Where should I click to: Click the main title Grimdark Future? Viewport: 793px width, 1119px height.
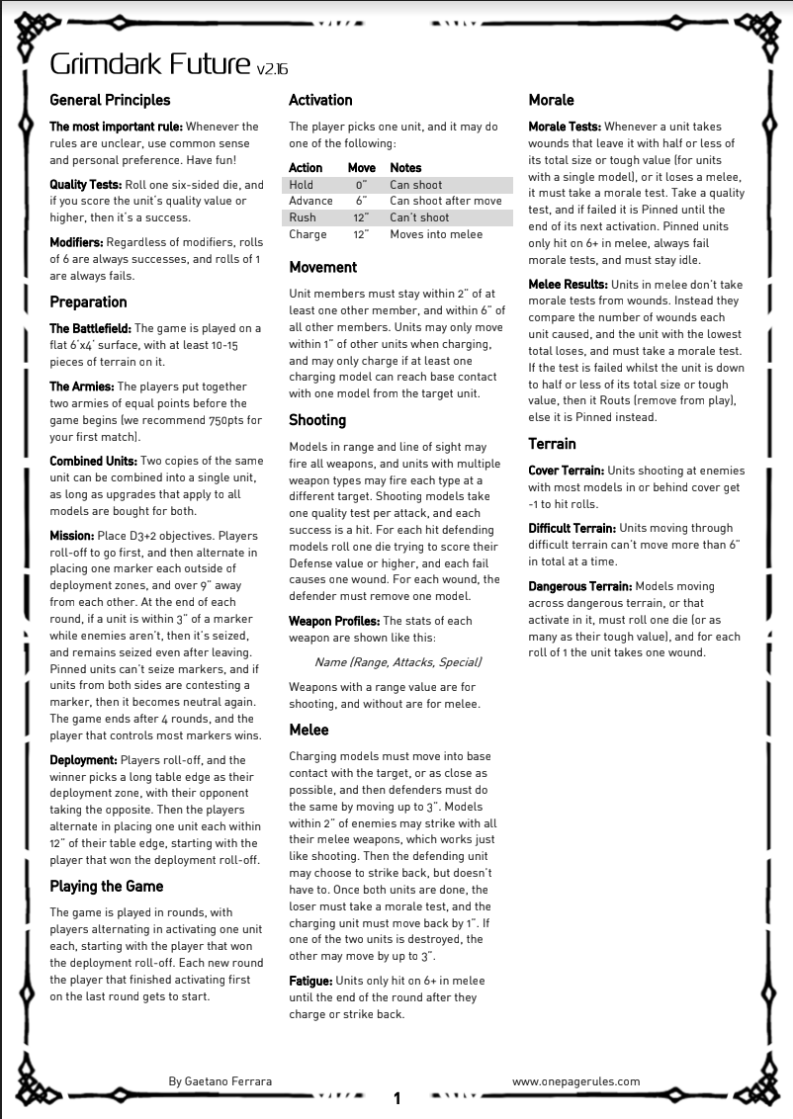(x=150, y=65)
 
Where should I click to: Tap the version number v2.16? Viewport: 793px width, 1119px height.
(x=272, y=69)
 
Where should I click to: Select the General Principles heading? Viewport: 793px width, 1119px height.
(x=110, y=100)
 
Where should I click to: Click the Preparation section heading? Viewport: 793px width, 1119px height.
(x=88, y=301)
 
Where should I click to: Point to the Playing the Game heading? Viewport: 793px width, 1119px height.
(x=107, y=886)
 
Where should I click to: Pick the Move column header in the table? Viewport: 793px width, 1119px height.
(x=361, y=168)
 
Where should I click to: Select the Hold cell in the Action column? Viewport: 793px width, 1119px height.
(x=301, y=185)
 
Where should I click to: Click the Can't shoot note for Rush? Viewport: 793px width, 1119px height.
(x=419, y=217)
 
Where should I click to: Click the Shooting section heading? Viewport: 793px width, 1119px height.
(x=317, y=420)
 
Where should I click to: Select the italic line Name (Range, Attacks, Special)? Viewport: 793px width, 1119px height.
(x=397, y=661)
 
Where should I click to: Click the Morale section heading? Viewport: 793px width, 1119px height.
(x=551, y=100)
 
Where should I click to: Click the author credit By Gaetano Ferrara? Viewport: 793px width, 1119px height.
(x=220, y=1081)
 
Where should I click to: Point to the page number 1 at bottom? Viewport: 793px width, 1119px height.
(x=396, y=1098)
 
